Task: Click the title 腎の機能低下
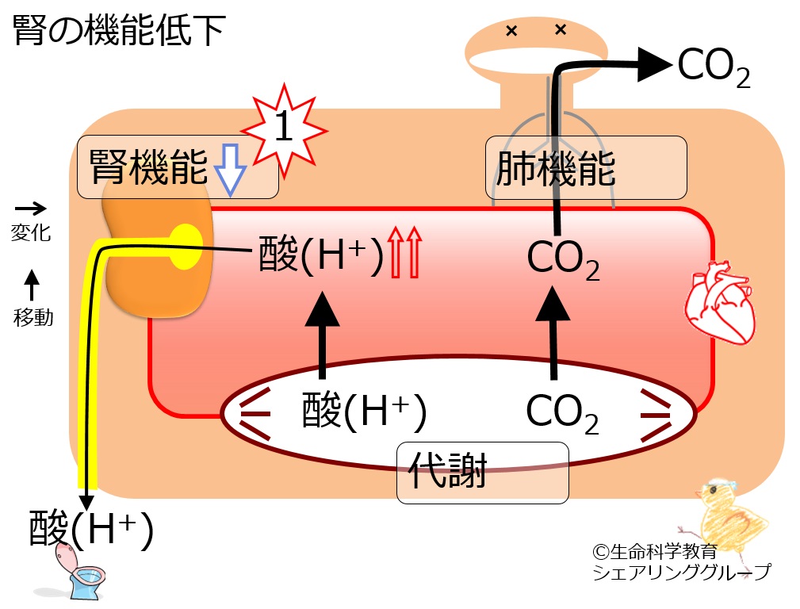[x=119, y=32]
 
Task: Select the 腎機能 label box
[x=178, y=167]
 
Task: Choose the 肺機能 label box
[x=585, y=167]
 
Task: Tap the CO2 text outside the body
[x=713, y=69]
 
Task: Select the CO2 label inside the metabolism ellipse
[x=561, y=413]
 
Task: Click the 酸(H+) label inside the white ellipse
[x=365, y=413]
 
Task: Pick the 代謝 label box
[x=482, y=472]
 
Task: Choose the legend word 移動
[x=33, y=318]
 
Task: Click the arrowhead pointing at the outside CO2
[x=652, y=66]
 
